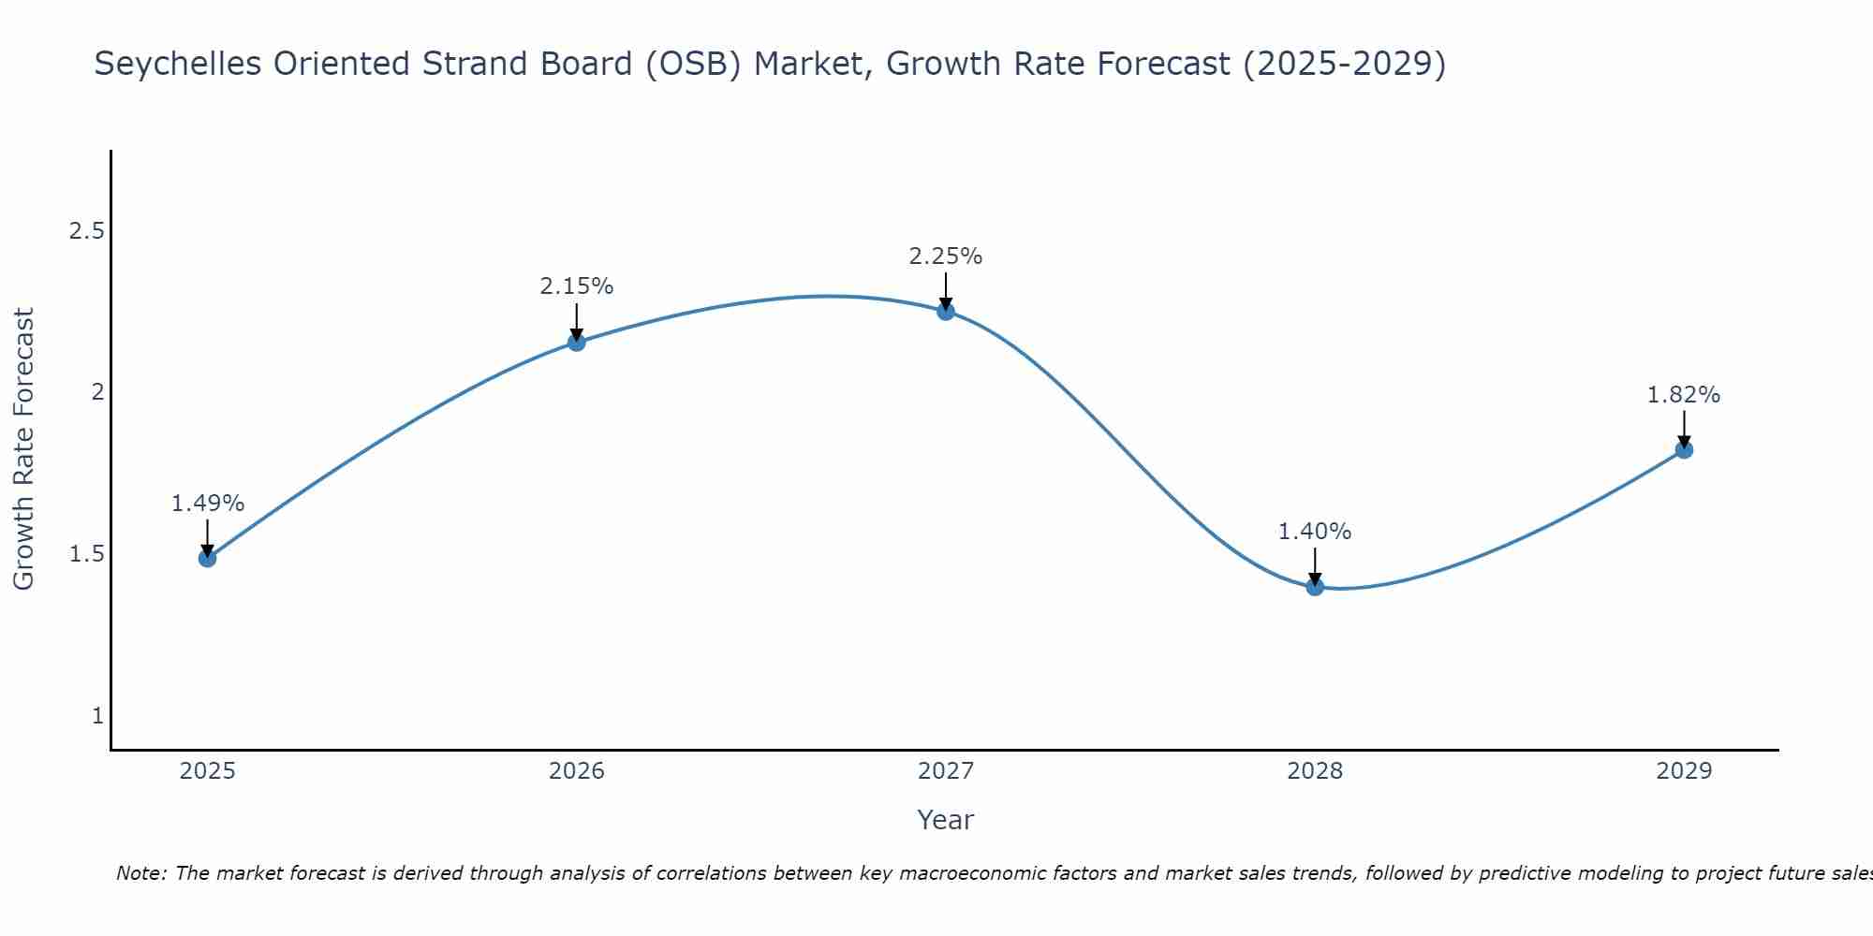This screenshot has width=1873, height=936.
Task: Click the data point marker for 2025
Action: pyautogui.click(x=207, y=559)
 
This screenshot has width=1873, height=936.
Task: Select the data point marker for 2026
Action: pyautogui.click(x=577, y=343)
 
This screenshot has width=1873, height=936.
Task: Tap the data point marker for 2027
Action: pyautogui.click(x=946, y=312)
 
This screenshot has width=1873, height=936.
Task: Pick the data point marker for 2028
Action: pyautogui.click(x=1315, y=587)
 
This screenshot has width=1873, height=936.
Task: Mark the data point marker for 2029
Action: pyautogui.click(x=1684, y=450)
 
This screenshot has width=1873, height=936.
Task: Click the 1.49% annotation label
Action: pyautogui.click(x=207, y=504)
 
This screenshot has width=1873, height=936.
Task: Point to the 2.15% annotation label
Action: pyautogui.click(x=577, y=286)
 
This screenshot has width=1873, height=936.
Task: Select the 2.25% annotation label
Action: pyautogui.click(x=946, y=256)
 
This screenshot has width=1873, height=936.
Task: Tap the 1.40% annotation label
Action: pyautogui.click(x=1315, y=532)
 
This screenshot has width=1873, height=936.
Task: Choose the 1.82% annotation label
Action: pyautogui.click(x=1684, y=395)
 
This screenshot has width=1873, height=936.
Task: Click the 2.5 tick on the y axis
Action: pyautogui.click(x=86, y=231)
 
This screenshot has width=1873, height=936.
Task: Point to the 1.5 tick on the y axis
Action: pyautogui.click(x=86, y=554)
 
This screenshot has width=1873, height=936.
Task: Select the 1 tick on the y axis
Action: pyautogui.click(x=97, y=716)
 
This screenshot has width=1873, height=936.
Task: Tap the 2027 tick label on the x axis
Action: pyautogui.click(x=946, y=771)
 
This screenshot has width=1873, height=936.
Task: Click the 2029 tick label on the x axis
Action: pyautogui.click(x=1684, y=771)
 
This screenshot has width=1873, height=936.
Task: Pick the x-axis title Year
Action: pyautogui.click(x=946, y=820)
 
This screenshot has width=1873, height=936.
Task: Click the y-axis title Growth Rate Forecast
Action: pyautogui.click(x=24, y=449)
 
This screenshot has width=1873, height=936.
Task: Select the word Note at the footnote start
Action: pyautogui.click(x=140, y=873)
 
